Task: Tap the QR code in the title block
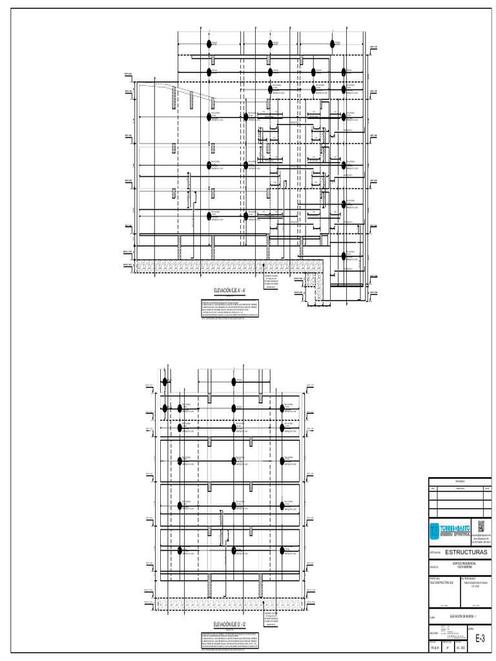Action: pos(480,525)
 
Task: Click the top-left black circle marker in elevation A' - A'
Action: pos(209,44)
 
